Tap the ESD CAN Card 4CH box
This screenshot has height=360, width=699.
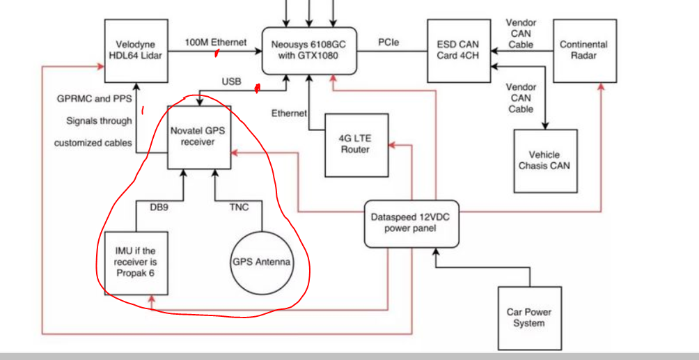pyautogui.click(x=458, y=50)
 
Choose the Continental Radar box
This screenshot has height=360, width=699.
pyautogui.click(x=583, y=50)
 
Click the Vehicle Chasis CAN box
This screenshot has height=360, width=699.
pyautogui.click(x=544, y=160)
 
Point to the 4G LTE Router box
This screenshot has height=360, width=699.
pyautogui.click(x=356, y=143)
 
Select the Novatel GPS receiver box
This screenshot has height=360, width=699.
pyautogui.click(x=199, y=136)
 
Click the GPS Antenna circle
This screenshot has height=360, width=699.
pyautogui.click(x=261, y=263)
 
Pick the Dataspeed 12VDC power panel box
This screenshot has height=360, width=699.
pyautogui.click(x=411, y=222)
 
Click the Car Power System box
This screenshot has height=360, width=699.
pyautogui.click(x=529, y=318)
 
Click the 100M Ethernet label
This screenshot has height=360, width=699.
pyautogui.click(x=215, y=42)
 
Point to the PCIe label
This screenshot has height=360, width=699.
pyautogui.click(x=388, y=42)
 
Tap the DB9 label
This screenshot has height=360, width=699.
pyautogui.click(x=159, y=207)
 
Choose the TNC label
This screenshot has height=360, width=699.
pyautogui.click(x=239, y=207)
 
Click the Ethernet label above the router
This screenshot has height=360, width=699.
pyautogui.click(x=289, y=113)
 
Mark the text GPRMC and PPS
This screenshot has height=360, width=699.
pyautogui.click(x=94, y=99)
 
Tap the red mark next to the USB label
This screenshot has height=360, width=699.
pyautogui.click(x=258, y=88)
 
